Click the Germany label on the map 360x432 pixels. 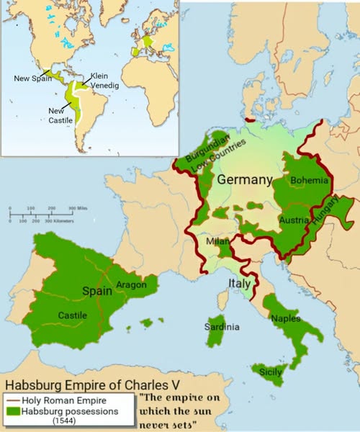coord(245,179)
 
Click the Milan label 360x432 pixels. coord(217,243)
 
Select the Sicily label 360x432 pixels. coord(271,373)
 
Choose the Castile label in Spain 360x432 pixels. coord(72,315)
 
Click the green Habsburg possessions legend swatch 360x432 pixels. coord(14,411)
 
